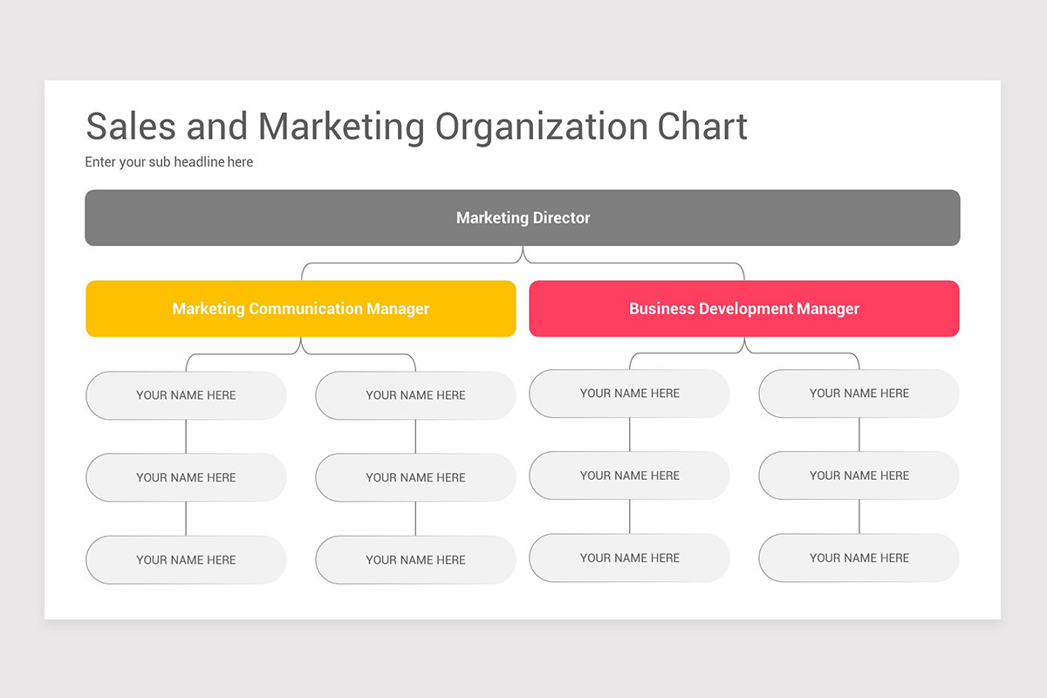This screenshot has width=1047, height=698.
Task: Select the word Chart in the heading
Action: tap(702, 127)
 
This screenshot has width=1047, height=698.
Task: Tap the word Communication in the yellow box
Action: tap(305, 309)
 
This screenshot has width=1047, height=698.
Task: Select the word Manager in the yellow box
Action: tap(398, 309)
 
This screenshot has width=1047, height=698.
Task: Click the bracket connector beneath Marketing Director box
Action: tap(523, 263)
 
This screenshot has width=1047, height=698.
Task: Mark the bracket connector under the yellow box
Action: tap(301, 354)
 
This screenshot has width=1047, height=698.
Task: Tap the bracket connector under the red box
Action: tap(744, 353)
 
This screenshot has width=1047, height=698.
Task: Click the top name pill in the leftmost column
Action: tap(186, 395)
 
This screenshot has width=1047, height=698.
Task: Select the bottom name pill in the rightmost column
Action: tap(859, 558)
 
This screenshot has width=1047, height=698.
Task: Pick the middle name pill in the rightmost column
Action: tap(859, 476)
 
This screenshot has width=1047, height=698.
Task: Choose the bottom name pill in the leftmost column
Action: tap(186, 560)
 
